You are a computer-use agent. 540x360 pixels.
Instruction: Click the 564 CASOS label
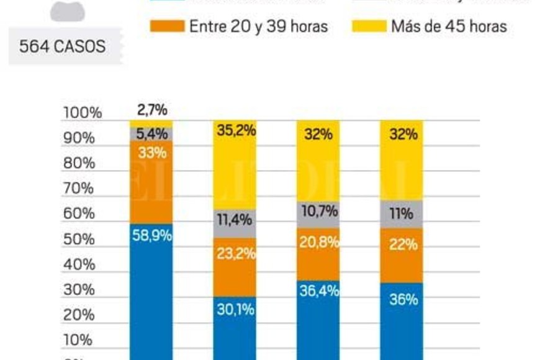click(62, 47)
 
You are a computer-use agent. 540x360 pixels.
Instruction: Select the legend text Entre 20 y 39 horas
click(258, 27)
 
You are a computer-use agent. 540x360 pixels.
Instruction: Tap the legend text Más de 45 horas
click(449, 27)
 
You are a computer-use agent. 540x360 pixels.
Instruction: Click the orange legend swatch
click(167, 27)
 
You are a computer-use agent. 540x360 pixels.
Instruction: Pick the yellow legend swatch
click(369, 27)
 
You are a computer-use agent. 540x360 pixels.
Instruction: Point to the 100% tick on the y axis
click(81, 113)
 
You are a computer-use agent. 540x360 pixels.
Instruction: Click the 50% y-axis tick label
click(78, 239)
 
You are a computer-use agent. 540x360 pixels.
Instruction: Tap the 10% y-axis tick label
click(78, 340)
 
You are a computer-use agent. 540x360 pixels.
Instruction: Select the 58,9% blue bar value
click(151, 236)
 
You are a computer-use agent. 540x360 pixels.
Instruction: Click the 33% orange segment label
click(151, 152)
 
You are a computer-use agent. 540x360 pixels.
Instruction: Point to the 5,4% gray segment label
click(151, 134)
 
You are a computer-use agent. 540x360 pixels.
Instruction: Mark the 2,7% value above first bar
click(151, 110)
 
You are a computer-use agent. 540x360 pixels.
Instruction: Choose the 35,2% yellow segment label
click(235, 131)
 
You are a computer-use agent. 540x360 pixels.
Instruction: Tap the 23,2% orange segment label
click(235, 253)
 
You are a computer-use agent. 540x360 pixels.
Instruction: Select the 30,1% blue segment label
click(235, 309)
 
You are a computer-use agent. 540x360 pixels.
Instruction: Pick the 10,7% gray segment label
click(318, 210)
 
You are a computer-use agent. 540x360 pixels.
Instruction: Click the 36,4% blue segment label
click(318, 290)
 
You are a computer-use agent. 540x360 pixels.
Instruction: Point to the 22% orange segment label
click(402, 245)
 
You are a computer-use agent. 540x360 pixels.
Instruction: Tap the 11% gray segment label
click(402, 214)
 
